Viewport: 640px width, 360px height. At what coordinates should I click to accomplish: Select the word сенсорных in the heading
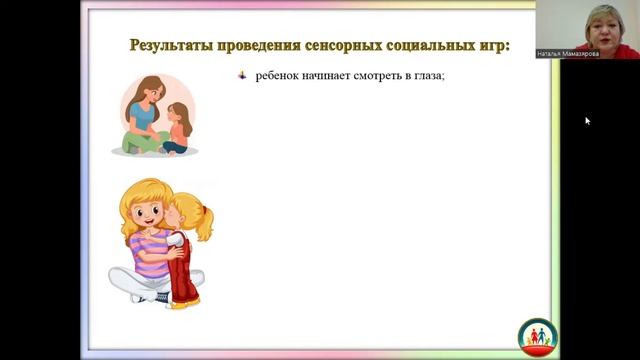coord(340,46)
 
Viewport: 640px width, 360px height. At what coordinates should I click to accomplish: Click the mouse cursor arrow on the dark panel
coord(587,120)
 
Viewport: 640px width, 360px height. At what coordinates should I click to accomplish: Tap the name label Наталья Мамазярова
coord(567,54)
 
